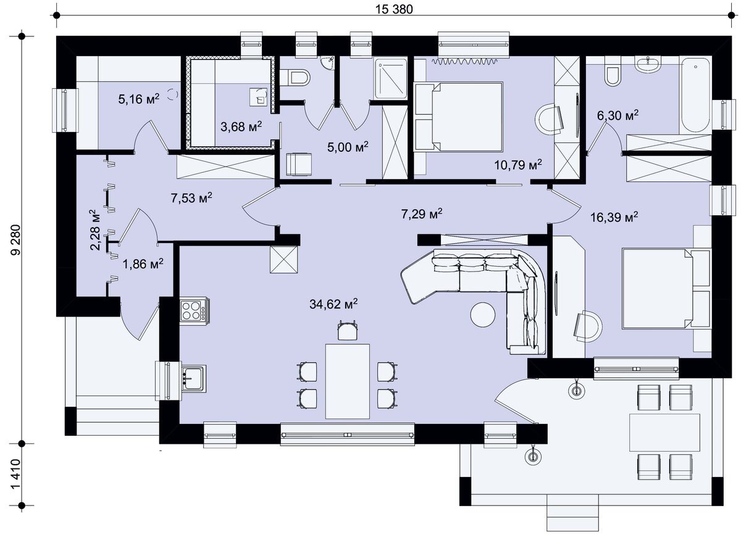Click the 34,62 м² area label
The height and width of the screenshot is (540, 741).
pos(333,304)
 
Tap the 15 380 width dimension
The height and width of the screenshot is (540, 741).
pos(394,9)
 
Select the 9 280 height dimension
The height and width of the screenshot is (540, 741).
pos(15,239)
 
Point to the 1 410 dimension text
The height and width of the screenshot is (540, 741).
pos(15,474)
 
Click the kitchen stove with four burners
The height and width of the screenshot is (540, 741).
pos(195,310)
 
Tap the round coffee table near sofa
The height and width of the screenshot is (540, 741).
pos(483,315)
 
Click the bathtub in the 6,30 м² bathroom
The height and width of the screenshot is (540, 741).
pos(695,96)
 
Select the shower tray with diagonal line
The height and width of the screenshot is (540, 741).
pos(391,78)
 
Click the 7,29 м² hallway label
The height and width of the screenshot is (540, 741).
pos(422,214)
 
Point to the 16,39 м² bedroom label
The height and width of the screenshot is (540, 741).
pos(614,217)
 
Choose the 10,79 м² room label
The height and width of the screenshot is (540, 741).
pos(518,164)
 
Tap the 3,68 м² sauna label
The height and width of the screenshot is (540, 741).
pos(241,127)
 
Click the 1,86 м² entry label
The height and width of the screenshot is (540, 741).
pos(143,264)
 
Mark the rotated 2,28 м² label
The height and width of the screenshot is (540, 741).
pos(95,230)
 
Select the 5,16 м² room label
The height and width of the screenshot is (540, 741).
pos(139,99)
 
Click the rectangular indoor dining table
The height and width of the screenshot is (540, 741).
pos(347,381)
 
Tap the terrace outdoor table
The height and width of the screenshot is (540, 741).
pos(664,433)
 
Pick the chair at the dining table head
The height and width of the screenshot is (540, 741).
pos(347,330)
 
